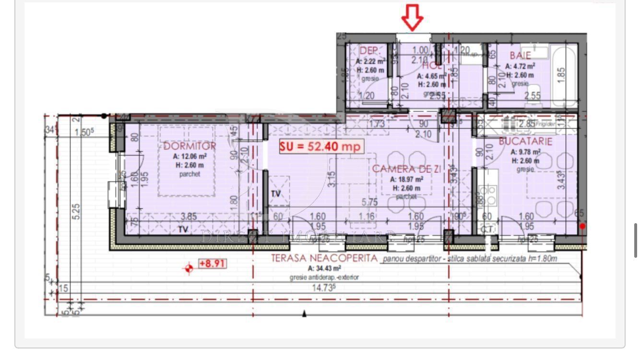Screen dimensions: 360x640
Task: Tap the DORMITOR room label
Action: click(x=190, y=146)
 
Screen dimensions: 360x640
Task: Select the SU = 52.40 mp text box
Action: click(x=320, y=147)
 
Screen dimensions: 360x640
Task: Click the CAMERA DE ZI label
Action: click(x=407, y=168)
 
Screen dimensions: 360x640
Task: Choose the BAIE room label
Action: click(x=521, y=56)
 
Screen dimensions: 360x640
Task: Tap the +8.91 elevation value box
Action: click(x=212, y=264)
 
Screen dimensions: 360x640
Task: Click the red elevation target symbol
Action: click(x=189, y=269)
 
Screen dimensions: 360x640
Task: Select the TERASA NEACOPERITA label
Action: click(x=324, y=258)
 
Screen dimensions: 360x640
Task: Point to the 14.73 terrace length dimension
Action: click(x=324, y=288)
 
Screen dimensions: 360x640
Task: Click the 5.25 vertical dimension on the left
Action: click(x=76, y=212)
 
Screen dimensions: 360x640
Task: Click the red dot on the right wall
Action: click(x=582, y=226)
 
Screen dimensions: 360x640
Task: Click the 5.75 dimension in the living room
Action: click(x=369, y=203)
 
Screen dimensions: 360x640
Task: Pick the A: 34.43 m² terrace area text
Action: click(x=324, y=268)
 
